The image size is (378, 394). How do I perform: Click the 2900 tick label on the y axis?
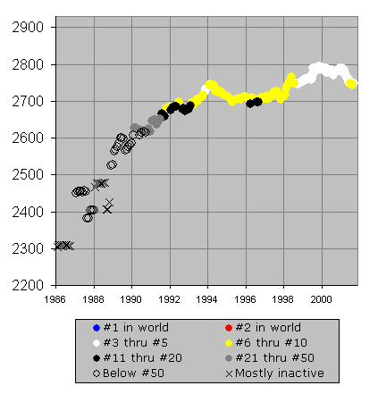click(28, 28)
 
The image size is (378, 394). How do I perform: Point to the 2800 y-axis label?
click(28, 64)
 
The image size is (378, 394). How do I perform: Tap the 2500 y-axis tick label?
click(28, 175)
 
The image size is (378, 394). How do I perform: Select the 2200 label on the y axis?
click(28, 285)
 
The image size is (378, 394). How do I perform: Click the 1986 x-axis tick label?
click(55, 299)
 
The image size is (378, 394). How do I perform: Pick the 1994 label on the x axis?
click(206, 299)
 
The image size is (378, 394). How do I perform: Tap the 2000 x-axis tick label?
click(321, 299)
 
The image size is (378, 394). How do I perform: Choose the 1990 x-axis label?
click(130, 299)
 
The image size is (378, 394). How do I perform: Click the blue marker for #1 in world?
click(97, 328)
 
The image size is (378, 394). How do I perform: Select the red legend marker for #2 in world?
click(229, 328)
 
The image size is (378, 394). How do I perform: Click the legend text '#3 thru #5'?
click(136, 343)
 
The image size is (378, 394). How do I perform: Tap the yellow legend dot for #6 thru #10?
click(229, 343)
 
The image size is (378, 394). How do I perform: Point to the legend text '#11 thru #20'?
click(142, 358)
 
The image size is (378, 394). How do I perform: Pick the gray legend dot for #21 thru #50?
click(229, 358)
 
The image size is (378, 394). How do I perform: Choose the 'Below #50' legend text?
click(133, 373)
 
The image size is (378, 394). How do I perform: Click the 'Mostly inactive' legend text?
click(280, 373)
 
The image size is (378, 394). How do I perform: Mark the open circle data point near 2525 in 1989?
click(112, 164)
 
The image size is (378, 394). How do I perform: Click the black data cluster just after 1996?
click(254, 103)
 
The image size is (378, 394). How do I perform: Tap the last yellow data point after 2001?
click(352, 84)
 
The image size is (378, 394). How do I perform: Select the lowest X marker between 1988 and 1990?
click(107, 210)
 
